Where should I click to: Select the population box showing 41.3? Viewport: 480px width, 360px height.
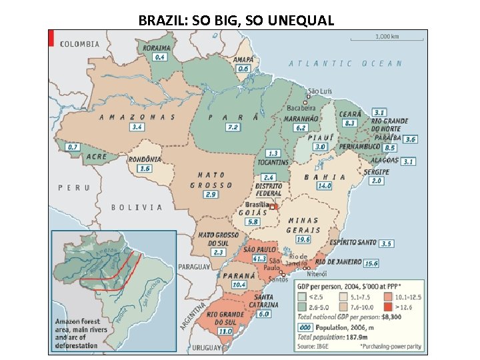(259, 259)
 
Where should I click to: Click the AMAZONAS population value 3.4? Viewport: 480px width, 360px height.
(137, 127)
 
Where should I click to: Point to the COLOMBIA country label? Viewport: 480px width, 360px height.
(80, 44)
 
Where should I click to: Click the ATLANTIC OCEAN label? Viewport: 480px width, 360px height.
(345, 63)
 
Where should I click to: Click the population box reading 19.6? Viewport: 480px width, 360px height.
(303, 239)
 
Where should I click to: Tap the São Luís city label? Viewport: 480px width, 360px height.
(320, 91)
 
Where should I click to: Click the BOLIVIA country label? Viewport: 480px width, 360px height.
(132, 207)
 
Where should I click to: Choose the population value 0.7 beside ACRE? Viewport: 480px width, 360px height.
(73, 147)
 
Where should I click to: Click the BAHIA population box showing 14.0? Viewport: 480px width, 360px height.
(324, 186)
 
